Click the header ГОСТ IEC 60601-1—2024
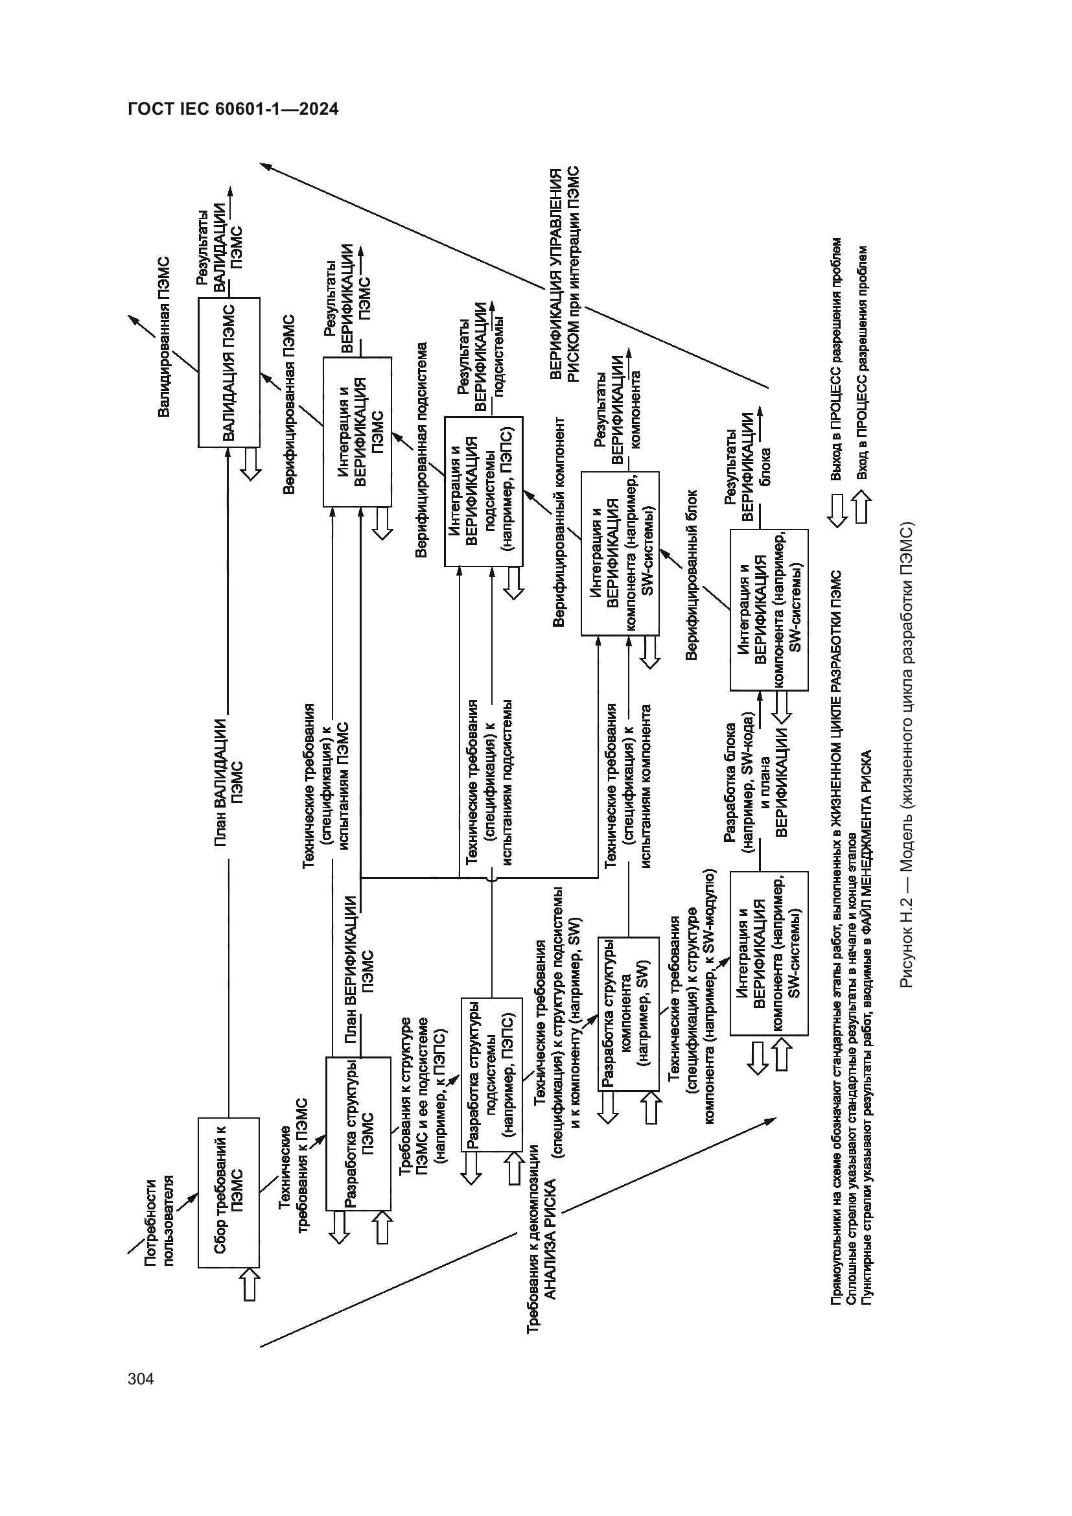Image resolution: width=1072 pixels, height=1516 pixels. point(233,110)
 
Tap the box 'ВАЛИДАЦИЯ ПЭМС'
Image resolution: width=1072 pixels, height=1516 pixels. point(228,373)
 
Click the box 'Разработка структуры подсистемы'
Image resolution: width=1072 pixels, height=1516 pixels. point(491,1074)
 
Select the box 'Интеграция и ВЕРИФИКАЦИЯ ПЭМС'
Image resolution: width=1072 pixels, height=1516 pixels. point(356,432)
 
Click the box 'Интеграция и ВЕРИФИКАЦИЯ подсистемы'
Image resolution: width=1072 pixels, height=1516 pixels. point(484,491)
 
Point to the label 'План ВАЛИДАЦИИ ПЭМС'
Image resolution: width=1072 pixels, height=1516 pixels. point(228,782)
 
